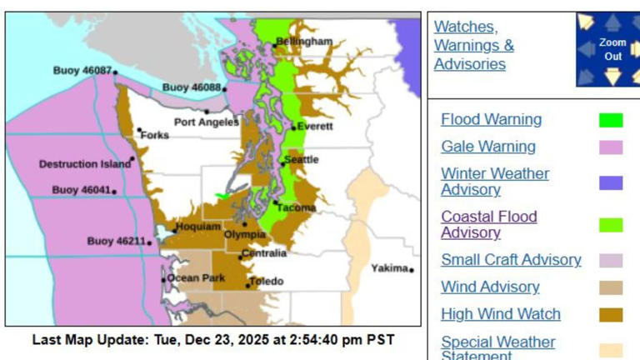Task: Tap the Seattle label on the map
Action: click(301, 159)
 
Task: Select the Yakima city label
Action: click(389, 268)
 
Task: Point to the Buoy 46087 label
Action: click(82, 71)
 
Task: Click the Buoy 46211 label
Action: click(116, 242)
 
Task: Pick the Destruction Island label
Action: click(84, 164)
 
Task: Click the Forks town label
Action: click(155, 135)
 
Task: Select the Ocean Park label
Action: click(196, 277)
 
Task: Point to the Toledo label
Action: click(267, 282)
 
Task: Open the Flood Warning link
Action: click(491, 119)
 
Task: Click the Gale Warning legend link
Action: click(488, 147)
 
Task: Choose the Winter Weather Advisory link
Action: click(495, 182)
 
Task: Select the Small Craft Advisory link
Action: click(511, 259)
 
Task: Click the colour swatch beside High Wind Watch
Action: click(611, 315)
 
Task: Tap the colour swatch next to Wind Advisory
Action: click(611, 287)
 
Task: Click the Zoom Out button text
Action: click(612, 49)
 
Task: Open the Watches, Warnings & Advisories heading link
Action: click(473, 45)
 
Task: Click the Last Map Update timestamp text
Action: click(213, 340)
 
